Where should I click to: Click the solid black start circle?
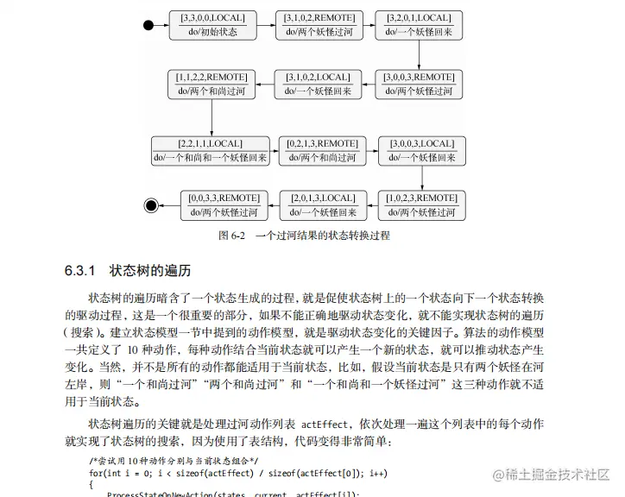pos(149,25)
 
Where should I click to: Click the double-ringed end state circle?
pos(153,204)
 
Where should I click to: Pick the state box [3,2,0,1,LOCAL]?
pos(419,25)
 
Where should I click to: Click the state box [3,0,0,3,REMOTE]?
pos(419,84)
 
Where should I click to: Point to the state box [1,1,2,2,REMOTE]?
pos(211,84)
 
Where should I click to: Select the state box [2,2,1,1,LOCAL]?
pos(211,151)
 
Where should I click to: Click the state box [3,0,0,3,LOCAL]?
pos(422,151)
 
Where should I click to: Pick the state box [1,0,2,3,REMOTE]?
pos(422,205)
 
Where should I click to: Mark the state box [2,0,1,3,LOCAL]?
pos(324,205)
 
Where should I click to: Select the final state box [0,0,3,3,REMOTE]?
pos(224,205)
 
